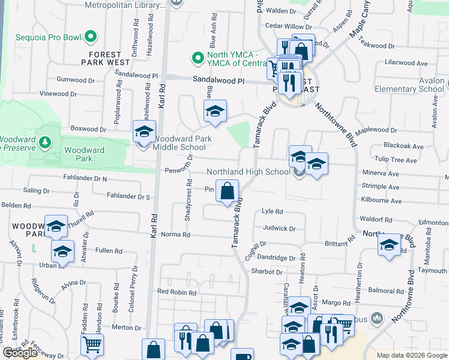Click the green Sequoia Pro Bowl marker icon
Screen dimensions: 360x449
coord(91,37)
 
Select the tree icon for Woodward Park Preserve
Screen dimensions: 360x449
coord(44,142)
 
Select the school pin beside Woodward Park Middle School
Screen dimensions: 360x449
coord(144,131)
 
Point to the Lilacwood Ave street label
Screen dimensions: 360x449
coord(406,63)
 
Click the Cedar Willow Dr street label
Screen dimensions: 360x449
coord(289,26)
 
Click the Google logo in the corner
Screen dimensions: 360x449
coord(20,353)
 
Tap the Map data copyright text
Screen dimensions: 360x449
coord(411,355)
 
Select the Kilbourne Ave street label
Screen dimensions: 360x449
coord(381,200)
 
